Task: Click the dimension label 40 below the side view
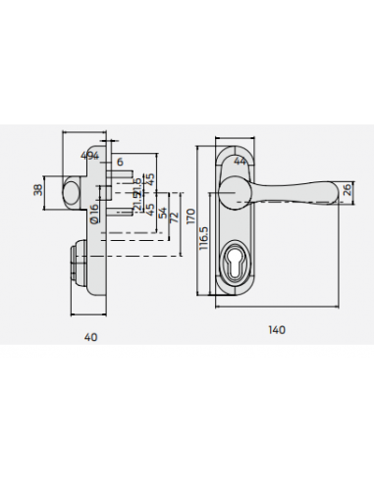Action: point(90,337)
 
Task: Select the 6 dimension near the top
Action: point(120,162)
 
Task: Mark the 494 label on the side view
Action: point(89,156)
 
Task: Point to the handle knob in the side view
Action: point(74,190)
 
